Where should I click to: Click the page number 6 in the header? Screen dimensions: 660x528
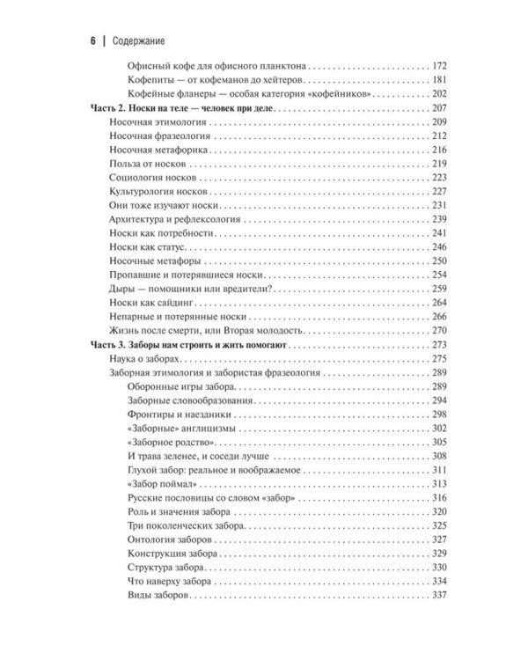(x=91, y=40)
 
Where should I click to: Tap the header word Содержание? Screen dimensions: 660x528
(x=140, y=40)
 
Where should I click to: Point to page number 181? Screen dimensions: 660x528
(x=441, y=80)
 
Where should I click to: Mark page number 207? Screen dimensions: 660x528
(x=441, y=107)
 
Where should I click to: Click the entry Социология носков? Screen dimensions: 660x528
(x=146, y=178)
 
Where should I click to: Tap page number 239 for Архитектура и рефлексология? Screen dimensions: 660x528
(x=441, y=219)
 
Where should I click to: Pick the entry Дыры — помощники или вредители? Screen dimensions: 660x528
(x=186, y=290)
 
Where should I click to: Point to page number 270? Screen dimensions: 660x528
(x=441, y=331)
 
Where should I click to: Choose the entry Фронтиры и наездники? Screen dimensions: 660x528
(x=178, y=414)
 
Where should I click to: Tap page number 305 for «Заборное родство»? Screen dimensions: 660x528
(x=441, y=443)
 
